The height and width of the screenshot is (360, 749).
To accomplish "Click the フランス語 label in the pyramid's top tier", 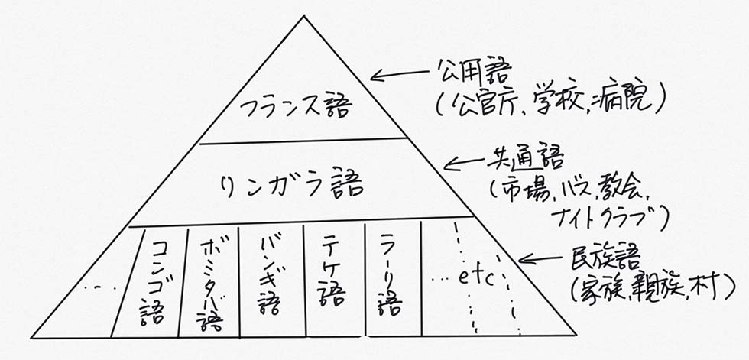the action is (x=297, y=109).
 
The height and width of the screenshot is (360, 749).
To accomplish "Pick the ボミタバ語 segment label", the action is (x=209, y=285).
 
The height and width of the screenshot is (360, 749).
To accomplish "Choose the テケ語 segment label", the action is (x=332, y=274).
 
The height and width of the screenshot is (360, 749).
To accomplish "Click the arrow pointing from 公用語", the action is (x=400, y=73).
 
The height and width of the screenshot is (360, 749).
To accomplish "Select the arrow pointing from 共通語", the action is (x=467, y=164).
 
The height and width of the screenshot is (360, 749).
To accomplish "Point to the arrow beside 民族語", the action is (x=541, y=258).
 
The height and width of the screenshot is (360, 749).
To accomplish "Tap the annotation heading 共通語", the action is (x=523, y=166).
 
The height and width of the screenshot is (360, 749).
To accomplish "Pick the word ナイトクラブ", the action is (x=603, y=218).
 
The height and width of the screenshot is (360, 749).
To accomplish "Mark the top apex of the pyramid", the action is (x=303, y=16).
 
